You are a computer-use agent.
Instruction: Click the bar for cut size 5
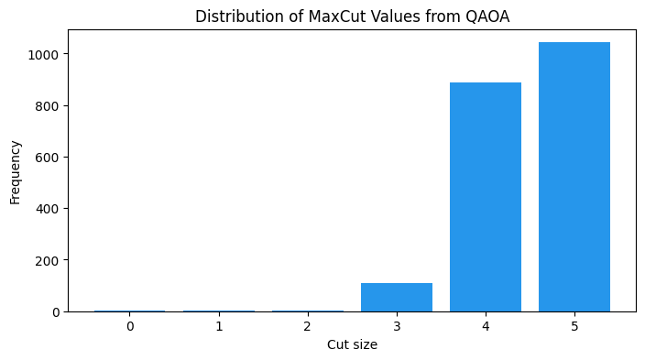click(x=574, y=177)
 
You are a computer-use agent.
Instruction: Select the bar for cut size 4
click(x=485, y=197)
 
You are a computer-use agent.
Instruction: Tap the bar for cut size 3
click(x=396, y=297)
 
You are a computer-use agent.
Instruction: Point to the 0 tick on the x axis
click(x=130, y=326)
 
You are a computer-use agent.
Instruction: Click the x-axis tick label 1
click(x=219, y=326)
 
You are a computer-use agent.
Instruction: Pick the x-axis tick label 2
click(x=307, y=326)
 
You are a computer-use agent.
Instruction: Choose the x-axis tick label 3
click(x=396, y=326)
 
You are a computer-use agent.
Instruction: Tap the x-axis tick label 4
click(x=485, y=326)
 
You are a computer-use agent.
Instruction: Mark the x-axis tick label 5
click(x=574, y=326)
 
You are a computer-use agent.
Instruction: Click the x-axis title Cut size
click(x=352, y=345)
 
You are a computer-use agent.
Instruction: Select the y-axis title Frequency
click(x=16, y=171)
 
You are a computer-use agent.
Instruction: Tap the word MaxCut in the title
click(x=312, y=16)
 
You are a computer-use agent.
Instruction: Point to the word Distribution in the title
click(x=234, y=16)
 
